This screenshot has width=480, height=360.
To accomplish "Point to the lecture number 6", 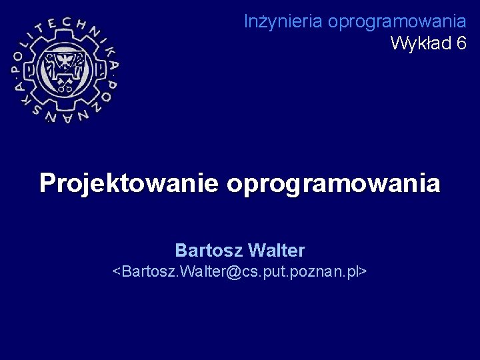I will (461, 43).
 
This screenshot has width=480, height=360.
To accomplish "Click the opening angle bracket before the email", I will (117, 272).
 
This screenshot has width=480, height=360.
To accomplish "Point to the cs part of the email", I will (252, 272).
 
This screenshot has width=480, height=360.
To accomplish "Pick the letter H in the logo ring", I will (83, 29).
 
